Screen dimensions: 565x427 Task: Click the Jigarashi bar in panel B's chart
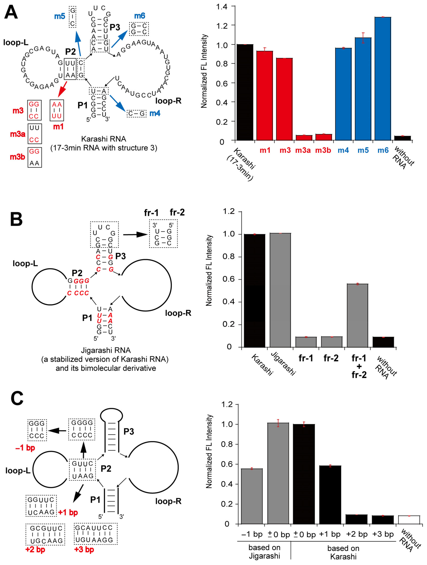click(280, 290)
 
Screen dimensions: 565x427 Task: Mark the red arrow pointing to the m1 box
click(63, 89)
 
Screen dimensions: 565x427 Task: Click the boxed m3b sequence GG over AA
click(34, 157)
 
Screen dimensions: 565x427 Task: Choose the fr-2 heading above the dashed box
click(177, 212)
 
